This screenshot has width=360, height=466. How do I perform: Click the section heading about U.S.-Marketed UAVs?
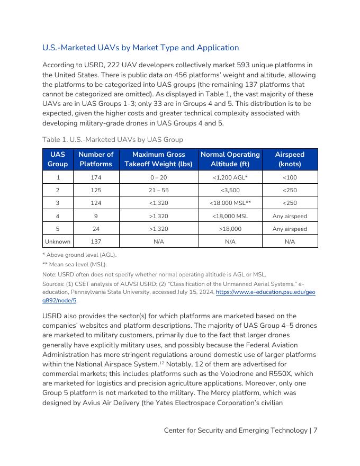[x=140, y=48]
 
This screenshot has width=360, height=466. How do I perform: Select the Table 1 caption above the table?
[x=112, y=140]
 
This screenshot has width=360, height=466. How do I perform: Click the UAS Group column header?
[x=58, y=159]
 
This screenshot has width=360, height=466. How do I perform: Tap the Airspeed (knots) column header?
[x=290, y=159]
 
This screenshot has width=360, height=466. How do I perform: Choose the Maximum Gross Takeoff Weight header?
[x=159, y=159]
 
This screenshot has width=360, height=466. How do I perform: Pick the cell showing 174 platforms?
[x=96, y=177]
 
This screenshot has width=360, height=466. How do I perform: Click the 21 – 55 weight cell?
[x=159, y=190]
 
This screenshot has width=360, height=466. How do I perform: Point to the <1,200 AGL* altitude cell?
[x=230, y=177]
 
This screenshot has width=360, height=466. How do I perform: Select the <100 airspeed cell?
[x=290, y=177]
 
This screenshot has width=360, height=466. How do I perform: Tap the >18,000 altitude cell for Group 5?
[x=230, y=229]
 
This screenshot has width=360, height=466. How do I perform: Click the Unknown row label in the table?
[x=58, y=241]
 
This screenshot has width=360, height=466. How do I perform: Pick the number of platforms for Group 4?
[x=96, y=216]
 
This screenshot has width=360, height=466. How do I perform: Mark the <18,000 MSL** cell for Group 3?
[x=230, y=203]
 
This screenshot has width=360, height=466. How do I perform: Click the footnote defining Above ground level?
[x=79, y=255]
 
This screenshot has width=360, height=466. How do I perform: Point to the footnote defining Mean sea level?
[x=75, y=264]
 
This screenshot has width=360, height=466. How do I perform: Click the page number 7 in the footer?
[x=316, y=431]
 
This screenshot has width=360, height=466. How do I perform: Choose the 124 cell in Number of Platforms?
[x=96, y=203]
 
